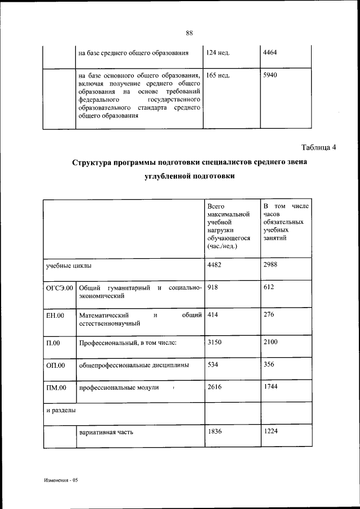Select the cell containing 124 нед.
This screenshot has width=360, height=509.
[x=219, y=53]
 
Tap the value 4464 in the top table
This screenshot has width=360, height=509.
[x=271, y=52]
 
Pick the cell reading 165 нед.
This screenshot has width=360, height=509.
[x=219, y=75]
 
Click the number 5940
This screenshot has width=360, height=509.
[x=271, y=74]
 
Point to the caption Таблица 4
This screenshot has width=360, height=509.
[x=318, y=148]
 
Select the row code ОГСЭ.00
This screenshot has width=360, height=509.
[x=60, y=289]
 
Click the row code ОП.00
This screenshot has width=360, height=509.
[x=56, y=366]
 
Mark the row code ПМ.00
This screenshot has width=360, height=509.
[x=56, y=388]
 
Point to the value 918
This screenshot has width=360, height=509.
[x=213, y=288]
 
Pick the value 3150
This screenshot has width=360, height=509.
[x=215, y=342]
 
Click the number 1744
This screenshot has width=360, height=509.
[x=271, y=388]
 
